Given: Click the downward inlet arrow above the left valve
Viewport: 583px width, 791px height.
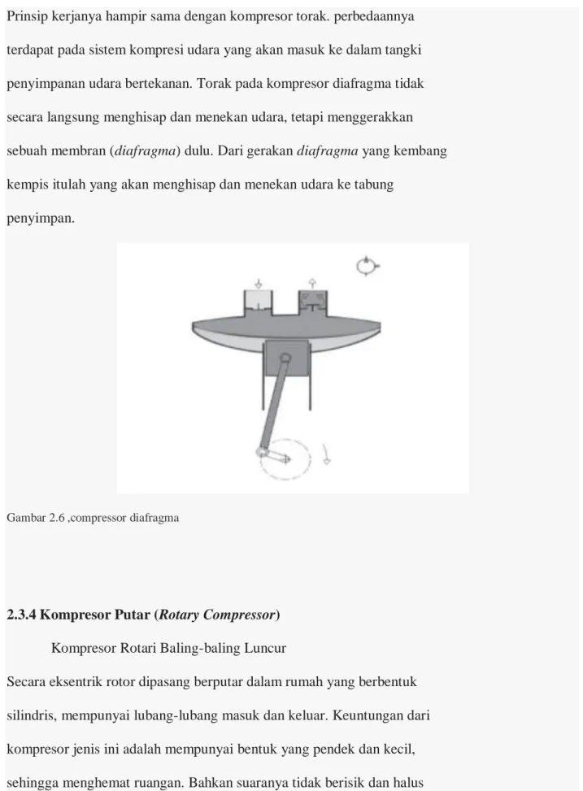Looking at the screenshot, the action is click(259, 284).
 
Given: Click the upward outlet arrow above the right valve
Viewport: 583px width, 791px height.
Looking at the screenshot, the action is click(312, 283).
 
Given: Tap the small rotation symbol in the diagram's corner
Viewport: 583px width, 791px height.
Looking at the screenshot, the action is click(367, 266).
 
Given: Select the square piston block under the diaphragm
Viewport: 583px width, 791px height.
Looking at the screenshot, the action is click(286, 358).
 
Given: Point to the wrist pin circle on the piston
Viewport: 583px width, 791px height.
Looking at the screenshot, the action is click(285, 359).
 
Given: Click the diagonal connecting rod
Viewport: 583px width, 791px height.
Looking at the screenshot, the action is click(273, 403).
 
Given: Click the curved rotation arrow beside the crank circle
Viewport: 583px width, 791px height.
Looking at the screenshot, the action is click(327, 454).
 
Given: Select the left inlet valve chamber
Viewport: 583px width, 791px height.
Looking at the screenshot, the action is click(258, 302).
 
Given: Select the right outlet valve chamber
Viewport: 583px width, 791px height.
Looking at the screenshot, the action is click(313, 302).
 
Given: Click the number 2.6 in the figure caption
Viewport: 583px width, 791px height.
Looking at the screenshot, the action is click(57, 518).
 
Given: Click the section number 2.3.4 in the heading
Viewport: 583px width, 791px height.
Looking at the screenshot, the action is click(21, 615).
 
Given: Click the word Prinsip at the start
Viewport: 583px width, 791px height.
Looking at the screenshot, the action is click(28, 16).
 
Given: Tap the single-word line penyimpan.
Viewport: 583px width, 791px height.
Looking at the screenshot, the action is click(41, 219).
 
